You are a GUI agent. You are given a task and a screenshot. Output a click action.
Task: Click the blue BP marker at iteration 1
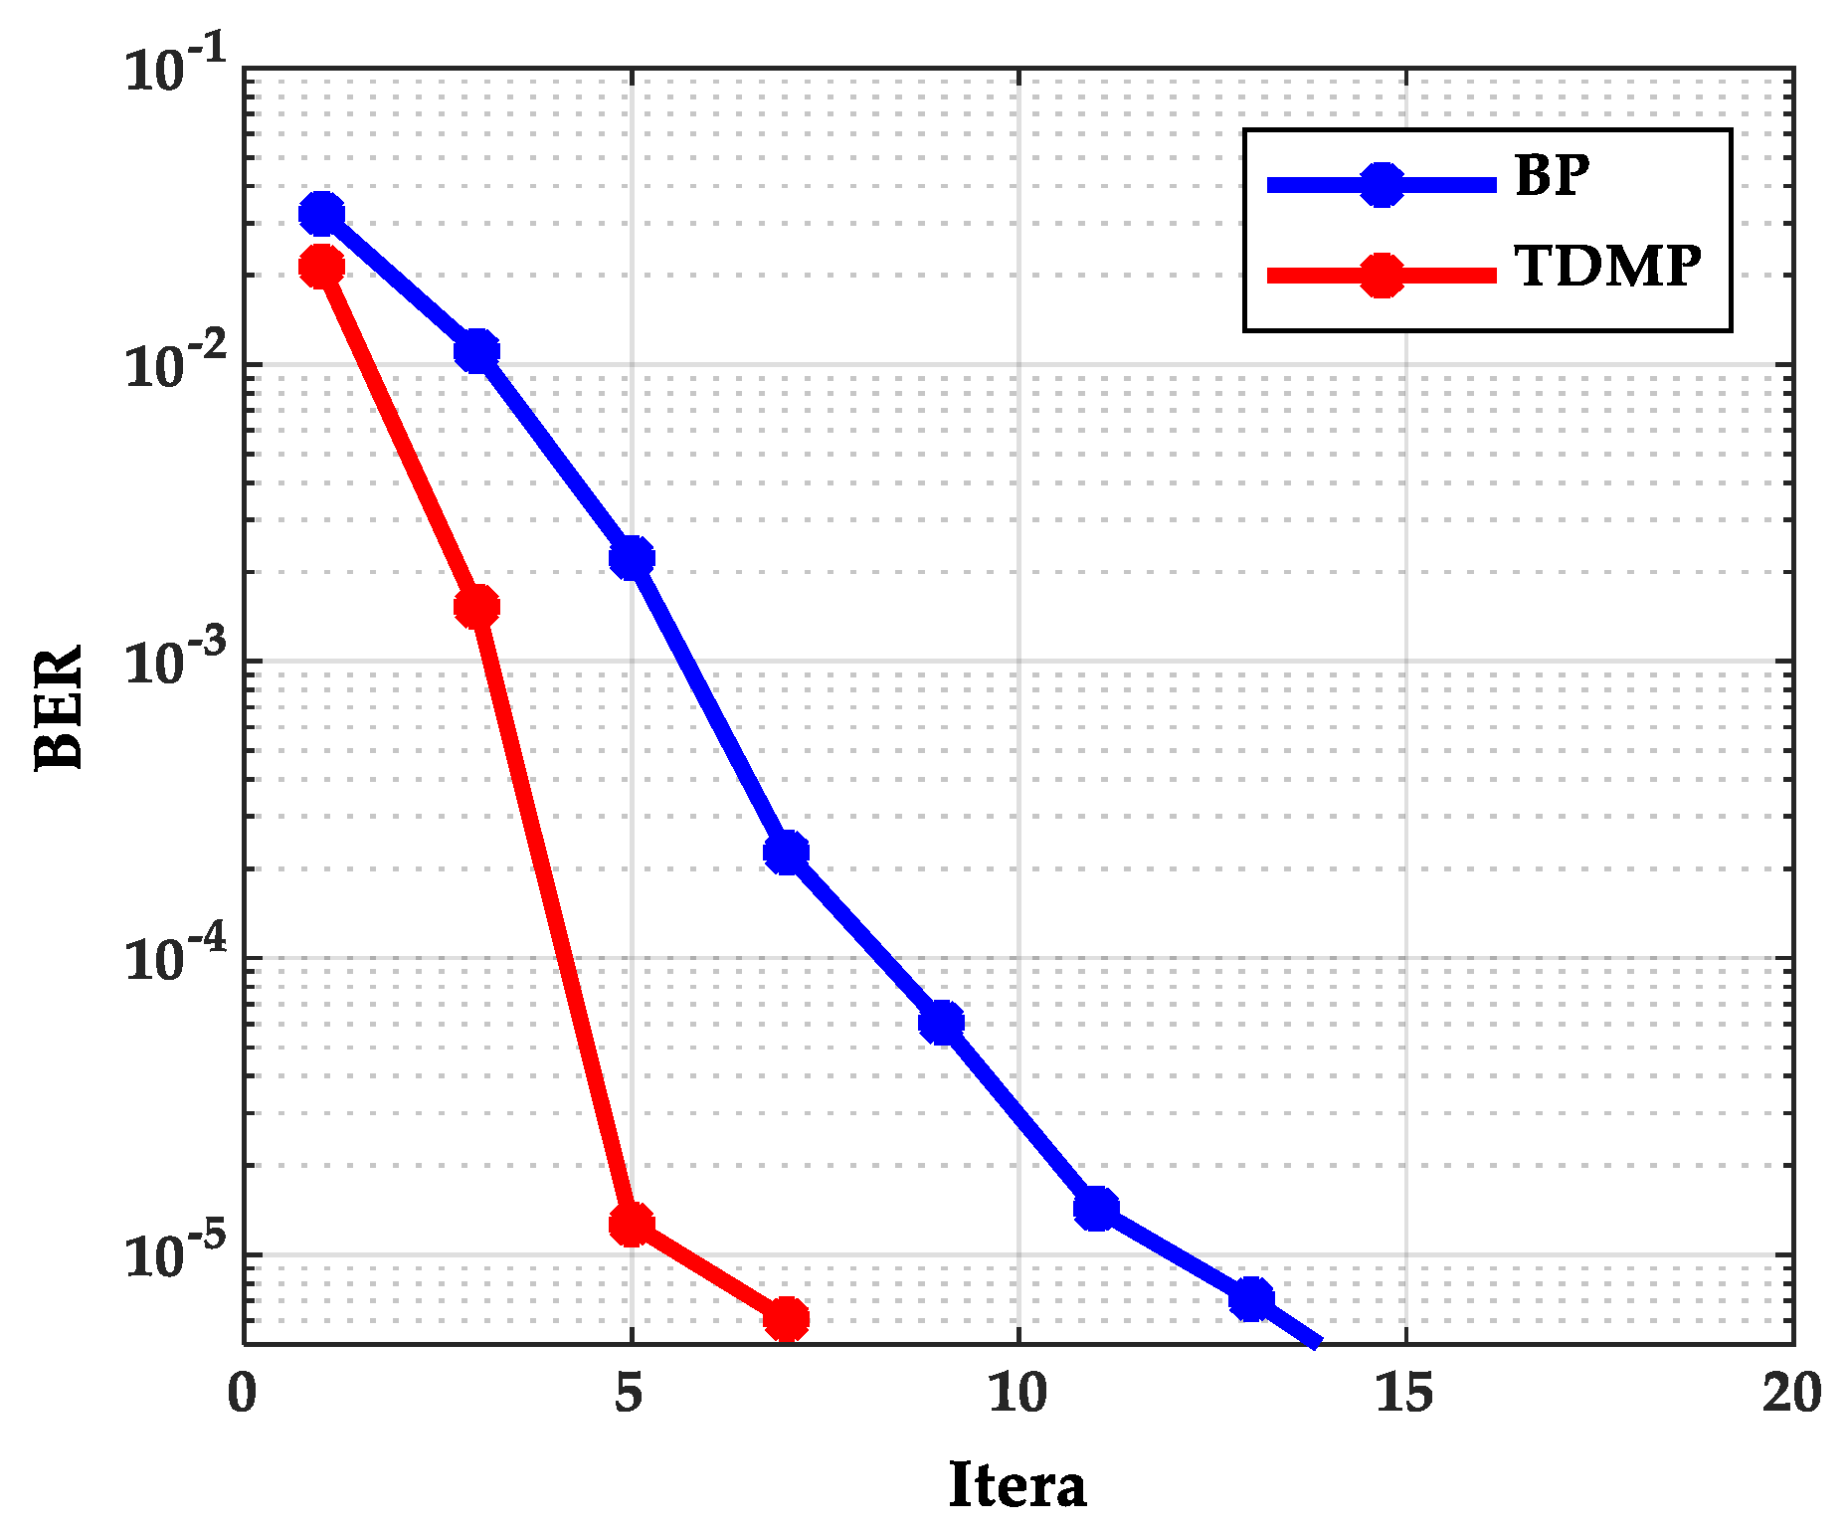321,213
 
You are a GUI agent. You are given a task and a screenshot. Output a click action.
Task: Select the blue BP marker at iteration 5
632,557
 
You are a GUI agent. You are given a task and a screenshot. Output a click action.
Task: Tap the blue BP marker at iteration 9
941,1023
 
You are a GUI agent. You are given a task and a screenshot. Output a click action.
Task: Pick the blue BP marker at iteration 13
1251,1299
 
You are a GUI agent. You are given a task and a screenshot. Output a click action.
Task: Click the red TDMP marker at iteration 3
476,606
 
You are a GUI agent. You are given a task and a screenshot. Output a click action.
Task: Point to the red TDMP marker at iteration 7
786,1319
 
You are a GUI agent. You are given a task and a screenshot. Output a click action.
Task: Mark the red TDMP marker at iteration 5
632,1225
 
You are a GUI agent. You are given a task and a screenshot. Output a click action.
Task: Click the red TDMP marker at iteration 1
321,267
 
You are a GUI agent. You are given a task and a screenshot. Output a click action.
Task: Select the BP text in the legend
1552,176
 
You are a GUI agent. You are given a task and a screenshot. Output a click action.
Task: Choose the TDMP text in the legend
1607,267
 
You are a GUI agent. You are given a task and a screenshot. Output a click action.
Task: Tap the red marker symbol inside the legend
1382,275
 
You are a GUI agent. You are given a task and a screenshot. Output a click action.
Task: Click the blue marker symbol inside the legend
1382,184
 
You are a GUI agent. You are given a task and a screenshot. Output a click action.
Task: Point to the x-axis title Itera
1016,1486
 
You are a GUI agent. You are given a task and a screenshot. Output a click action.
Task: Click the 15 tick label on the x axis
1404,1393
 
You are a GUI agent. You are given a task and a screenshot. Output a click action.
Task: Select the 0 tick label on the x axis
243,1393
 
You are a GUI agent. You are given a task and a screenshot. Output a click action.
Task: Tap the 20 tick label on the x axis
1791,1393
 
